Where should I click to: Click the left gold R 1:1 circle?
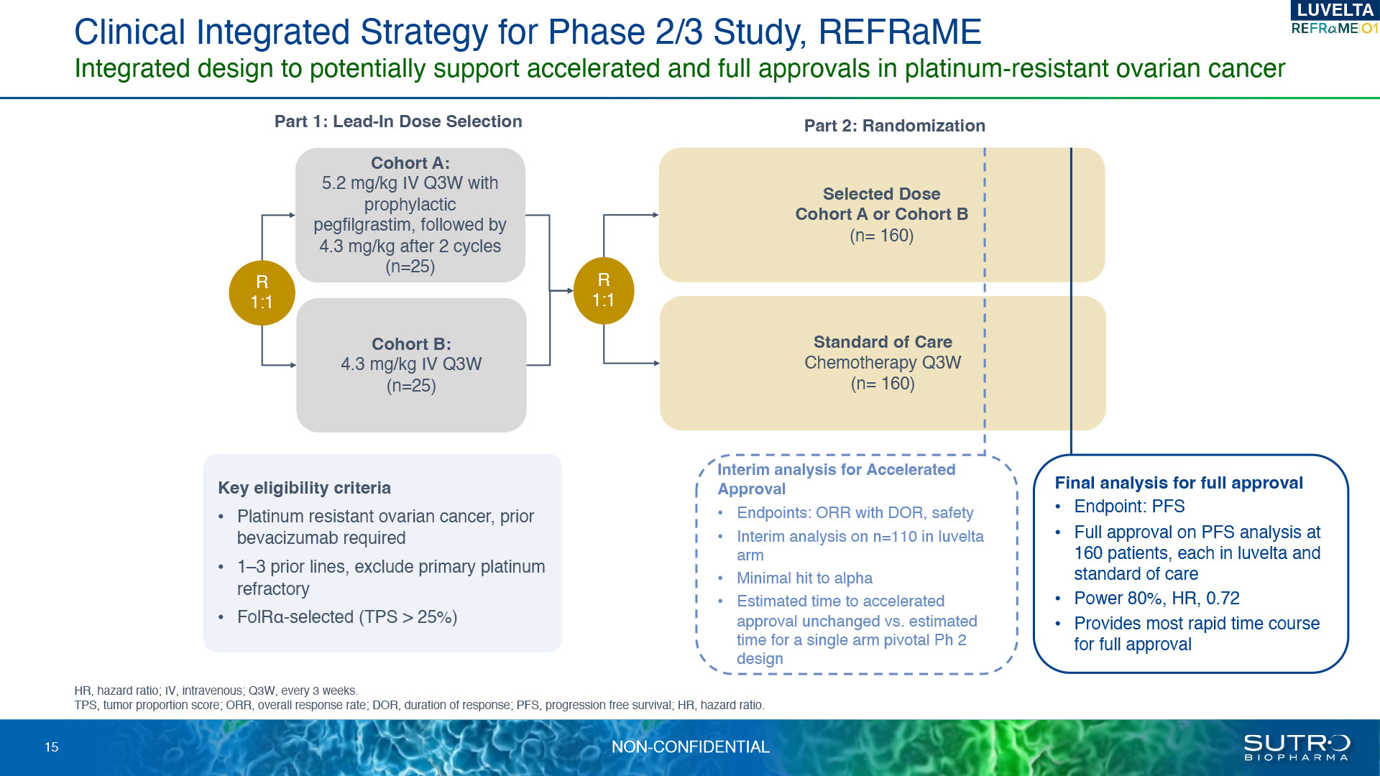[x=262, y=292]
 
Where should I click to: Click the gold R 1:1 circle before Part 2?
[x=604, y=290]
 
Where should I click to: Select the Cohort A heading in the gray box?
[x=410, y=163]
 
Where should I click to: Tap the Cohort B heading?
[x=411, y=344]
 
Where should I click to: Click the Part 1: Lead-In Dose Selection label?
[x=398, y=121]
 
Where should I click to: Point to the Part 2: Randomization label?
[x=894, y=126]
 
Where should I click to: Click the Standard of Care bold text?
[x=883, y=342]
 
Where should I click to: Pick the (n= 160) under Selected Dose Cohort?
[x=881, y=236]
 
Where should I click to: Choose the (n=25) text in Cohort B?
[x=411, y=386]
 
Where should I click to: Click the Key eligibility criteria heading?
[x=304, y=488]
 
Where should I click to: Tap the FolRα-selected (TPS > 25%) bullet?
[x=347, y=617]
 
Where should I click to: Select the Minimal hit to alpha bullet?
[x=804, y=578]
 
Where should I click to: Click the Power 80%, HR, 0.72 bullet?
[x=1156, y=599]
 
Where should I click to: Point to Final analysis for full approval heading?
[x=1179, y=483]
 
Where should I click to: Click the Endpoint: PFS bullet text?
[x=1129, y=507]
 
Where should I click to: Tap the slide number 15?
[x=52, y=747]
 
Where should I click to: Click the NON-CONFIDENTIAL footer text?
[x=690, y=747]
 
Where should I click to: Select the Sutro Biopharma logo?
[x=1297, y=747]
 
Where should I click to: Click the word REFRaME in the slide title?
[x=900, y=32]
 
